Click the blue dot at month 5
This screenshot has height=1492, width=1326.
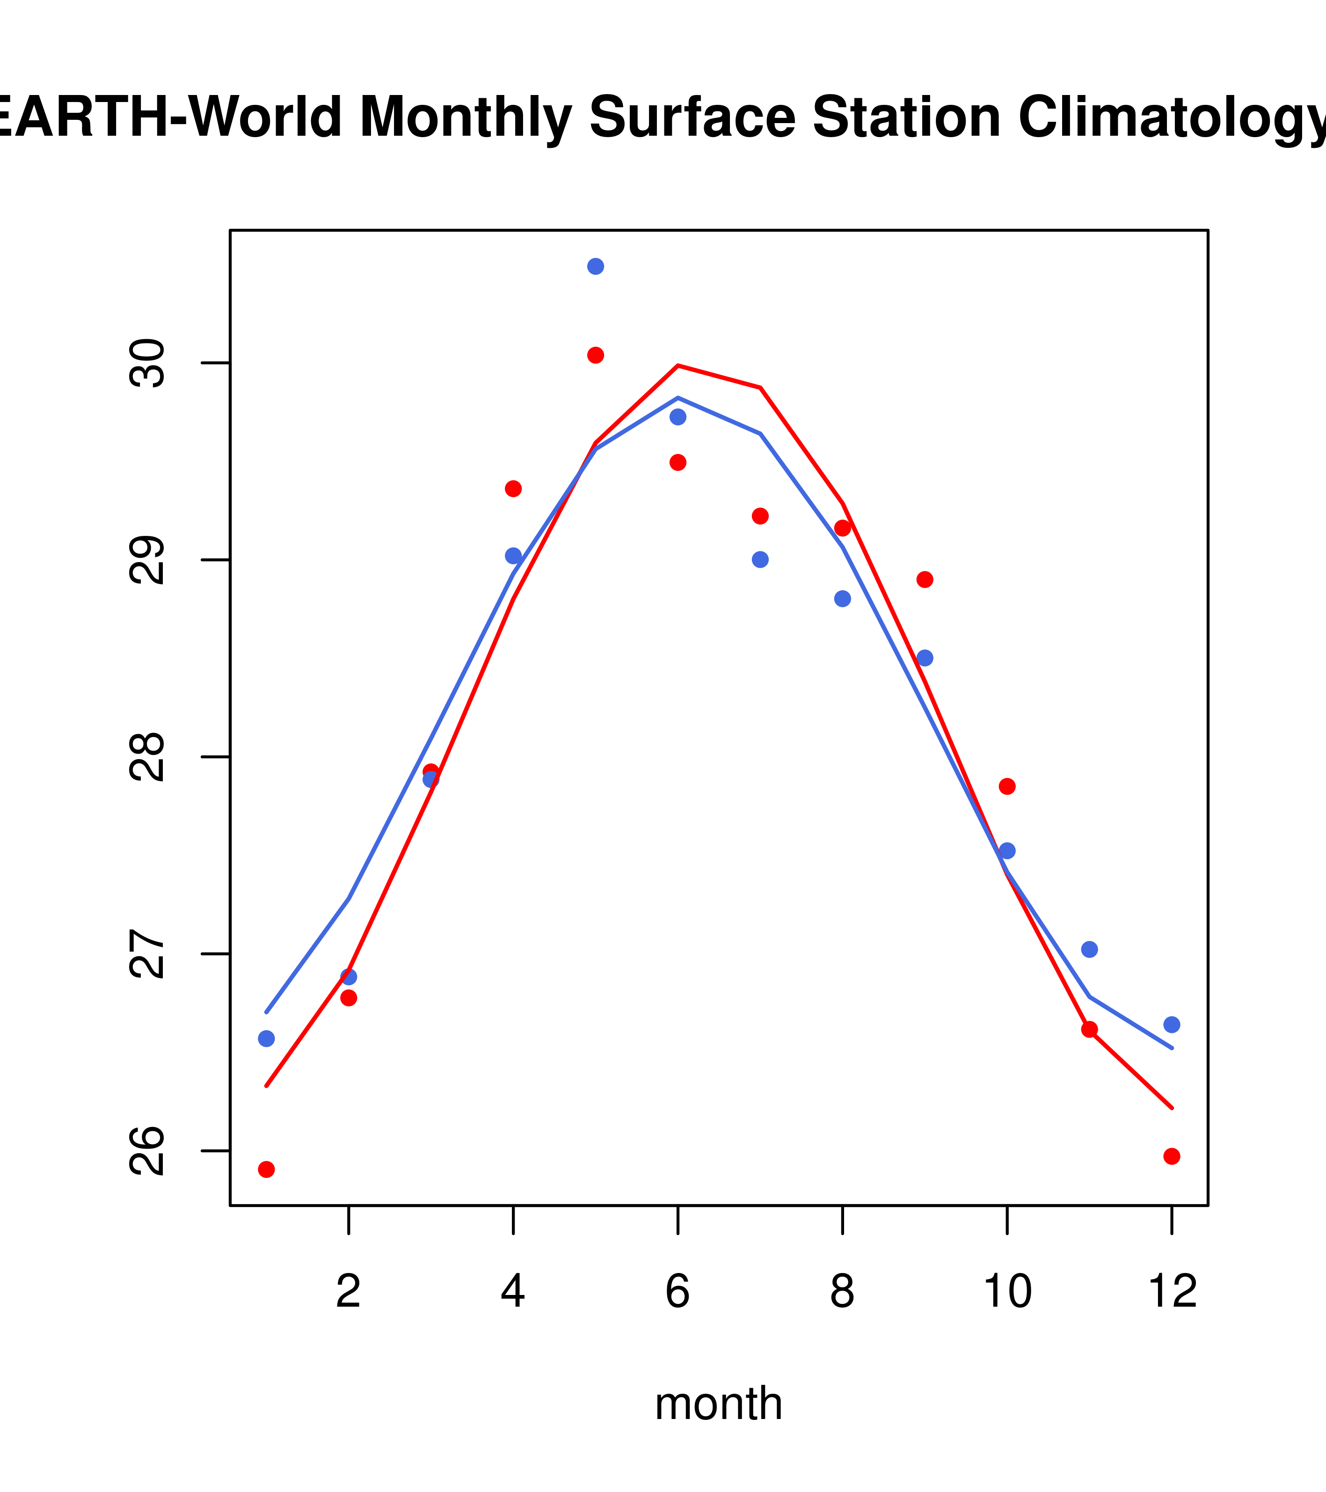click(596, 266)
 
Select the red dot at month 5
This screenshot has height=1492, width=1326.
click(596, 356)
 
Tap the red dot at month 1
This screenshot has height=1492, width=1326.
click(266, 1170)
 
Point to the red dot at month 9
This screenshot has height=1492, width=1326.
click(925, 579)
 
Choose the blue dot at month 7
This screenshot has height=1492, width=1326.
click(760, 560)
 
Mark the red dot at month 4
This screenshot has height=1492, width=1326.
click(513, 488)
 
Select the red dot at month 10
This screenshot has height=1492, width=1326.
click(1007, 786)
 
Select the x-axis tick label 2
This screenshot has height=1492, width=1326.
click(349, 1291)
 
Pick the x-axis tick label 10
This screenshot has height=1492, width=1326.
click(1007, 1291)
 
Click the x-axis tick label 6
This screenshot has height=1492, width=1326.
click(678, 1291)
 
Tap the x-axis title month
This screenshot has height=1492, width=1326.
click(719, 1403)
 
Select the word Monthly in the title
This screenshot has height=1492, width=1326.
click(465, 119)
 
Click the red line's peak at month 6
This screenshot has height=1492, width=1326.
click(678, 365)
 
